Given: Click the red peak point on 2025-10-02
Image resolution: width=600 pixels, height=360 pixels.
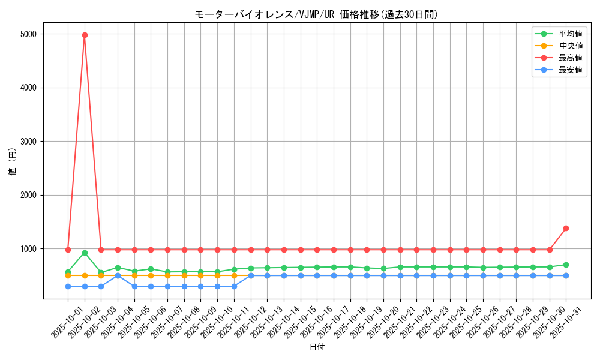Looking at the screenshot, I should pyautogui.click(x=85, y=35).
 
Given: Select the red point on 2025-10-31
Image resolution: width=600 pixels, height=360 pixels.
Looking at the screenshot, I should pyautogui.click(x=566, y=228).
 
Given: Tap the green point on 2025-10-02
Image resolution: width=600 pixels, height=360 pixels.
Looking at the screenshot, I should pyautogui.click(x=85, y=253).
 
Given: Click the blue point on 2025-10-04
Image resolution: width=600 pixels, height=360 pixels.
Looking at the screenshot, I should pyautogui.click(x=118, y=275).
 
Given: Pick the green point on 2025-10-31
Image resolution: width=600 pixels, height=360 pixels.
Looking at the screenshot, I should pyautogui.click(x=566, y=265).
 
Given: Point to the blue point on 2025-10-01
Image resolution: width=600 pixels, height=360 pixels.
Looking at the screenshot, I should pyautogui.click(x=68, y=286).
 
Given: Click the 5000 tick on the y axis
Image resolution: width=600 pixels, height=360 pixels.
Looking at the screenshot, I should pyautogui.click(x=28, y=34).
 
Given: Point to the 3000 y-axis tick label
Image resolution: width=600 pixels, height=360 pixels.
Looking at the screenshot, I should pyautogui.click(x=28, y=142).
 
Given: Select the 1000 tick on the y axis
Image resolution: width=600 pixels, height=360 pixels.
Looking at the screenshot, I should pyautogui.click(x=28, y=249).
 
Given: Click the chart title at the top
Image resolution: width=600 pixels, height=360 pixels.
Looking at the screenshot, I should pyautogui.click(x=316, y=14).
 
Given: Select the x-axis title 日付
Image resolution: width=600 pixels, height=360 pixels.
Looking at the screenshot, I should pyautogui.click(x=316, y=347).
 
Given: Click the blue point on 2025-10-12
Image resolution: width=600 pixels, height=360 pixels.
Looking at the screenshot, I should pyautogui.click(x=251, y=275).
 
